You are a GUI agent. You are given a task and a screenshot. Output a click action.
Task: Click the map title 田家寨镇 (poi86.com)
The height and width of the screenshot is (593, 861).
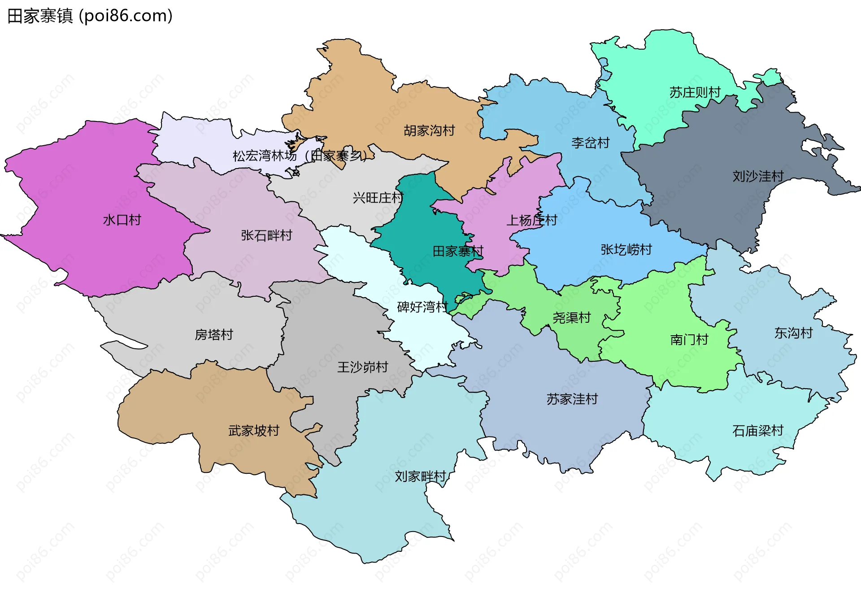point(90,16)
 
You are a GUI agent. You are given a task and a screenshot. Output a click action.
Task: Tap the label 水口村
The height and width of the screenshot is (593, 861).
point(122,220)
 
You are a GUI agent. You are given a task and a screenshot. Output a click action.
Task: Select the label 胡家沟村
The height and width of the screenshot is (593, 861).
point(429,131)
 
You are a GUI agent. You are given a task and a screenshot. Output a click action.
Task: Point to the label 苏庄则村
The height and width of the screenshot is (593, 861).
point(695,93)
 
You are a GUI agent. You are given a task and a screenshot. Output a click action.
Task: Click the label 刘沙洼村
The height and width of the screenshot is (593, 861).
point(758,177)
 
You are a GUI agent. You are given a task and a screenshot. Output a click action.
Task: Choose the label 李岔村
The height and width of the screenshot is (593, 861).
point(590,143)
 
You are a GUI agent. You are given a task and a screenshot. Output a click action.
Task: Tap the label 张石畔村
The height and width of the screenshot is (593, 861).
point(266,235)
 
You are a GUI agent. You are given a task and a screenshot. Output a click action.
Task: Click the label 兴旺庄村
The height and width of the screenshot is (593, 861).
point(378,198)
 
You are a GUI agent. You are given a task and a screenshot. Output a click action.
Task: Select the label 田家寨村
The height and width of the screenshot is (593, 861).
point(458,251)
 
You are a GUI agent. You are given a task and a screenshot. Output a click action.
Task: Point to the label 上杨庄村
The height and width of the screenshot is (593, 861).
point(531,220)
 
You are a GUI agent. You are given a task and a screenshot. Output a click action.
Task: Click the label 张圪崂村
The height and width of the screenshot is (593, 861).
point(626,250)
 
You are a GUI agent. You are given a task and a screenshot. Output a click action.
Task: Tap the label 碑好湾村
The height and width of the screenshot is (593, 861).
point(422,307)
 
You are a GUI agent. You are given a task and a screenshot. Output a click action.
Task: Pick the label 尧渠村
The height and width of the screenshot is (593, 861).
point(571,318)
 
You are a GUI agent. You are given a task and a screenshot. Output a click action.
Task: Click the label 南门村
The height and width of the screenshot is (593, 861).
point(689,340)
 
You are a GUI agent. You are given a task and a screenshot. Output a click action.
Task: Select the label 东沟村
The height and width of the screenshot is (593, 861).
point(793,333)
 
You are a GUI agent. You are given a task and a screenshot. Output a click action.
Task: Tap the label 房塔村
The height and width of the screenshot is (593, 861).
point(213,335)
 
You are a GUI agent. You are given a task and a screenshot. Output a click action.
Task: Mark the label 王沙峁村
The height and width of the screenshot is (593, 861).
point(362,368)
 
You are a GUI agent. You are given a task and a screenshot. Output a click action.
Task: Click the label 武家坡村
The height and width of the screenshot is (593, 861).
point(254,431)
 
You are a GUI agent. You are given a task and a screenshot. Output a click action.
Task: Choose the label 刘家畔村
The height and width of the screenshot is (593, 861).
point(420,476)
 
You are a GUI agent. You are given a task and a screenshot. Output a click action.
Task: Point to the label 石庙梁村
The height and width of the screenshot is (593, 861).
point(757,431)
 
